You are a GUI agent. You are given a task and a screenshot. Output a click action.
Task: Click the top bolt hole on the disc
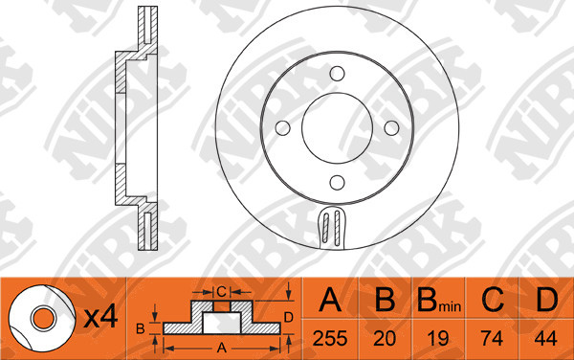(x=337, y=74)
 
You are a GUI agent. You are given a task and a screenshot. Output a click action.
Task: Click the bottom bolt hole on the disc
(x=337, y=182)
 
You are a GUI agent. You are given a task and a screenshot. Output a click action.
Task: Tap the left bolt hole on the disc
(x=282, y=128)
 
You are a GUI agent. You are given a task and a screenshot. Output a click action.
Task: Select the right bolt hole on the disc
(x=391, y=128)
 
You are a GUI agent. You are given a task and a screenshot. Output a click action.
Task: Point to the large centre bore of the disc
(x=337, y=127)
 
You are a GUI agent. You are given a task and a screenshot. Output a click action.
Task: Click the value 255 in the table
(x=330, y=338)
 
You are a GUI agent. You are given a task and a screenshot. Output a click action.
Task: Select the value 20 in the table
(x=385, y=338)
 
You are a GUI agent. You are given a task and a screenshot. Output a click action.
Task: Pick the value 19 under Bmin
(x=438, y=338)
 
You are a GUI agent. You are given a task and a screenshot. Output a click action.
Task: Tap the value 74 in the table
(x=492, y=338)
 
